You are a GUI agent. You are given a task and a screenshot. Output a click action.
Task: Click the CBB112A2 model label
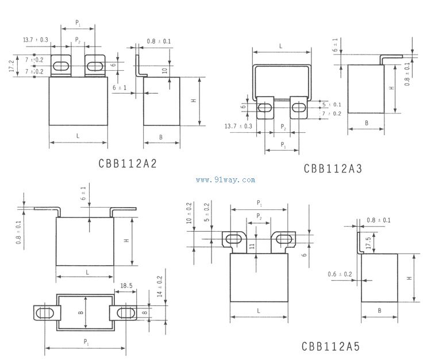pos(127,163)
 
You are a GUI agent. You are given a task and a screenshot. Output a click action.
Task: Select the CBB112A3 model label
pos(333,168)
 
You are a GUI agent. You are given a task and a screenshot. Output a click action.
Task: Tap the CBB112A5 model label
pos(330,347)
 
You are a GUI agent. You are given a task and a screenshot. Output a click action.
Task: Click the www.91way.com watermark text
pos(225,180)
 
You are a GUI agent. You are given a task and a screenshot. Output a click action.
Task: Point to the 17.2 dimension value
pos(10,66)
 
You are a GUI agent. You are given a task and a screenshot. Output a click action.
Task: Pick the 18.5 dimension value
pos(126,285)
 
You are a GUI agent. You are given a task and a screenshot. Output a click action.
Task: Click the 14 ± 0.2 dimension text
pos(159,286)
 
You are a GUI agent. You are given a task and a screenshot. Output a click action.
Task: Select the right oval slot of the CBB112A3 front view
pos(299,108)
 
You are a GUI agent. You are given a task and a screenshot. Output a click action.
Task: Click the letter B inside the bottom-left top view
pos(82,312)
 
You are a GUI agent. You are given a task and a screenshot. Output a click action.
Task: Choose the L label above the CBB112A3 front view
pos(280,45)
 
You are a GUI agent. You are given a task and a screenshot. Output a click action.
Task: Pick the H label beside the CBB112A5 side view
pos(409,278)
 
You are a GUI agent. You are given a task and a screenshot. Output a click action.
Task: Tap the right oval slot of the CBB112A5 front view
pos(282,239)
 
